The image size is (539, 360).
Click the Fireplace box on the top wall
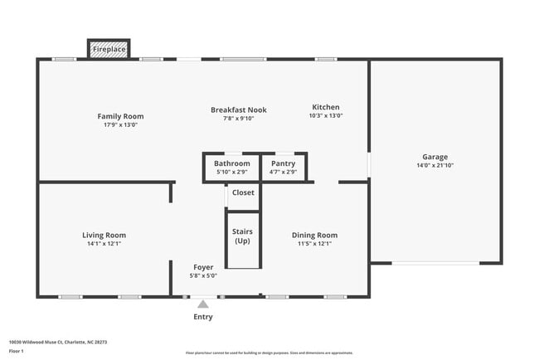pyautogui.click(x=109, y=50)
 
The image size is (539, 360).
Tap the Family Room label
pyautogui.click(x=121, y=116)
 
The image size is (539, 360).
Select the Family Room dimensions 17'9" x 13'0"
pyautogui.click(x=121, y=125)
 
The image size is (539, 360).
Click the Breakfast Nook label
pyautogui.click(x=239, y=109)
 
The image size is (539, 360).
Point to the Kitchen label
pyautogui.click(x=326, y=107)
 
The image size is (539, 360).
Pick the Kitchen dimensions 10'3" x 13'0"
pyautogui.click(x=326, y=116)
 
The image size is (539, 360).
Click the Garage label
pyautogui.click(x=435, y=157)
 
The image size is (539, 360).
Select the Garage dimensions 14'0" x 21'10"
pyautogui.click(x=435, y=166)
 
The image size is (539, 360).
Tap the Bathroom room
pyautogui.click(x=231, y=168)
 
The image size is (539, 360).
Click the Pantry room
pyautogui.click(x=284, y=168)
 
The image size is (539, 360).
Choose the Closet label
pyautogui.click(x=243, y=192)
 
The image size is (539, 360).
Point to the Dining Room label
pyautogui.click(x=316, y=235)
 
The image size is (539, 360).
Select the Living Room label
pyautogui.click(x=104, y=235)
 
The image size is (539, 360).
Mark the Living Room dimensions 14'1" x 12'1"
pyautogui.click(x=104, y=244)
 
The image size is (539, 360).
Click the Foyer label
pyautogui.click(x=203, y=267)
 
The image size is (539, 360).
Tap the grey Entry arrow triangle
pyautogui.click(x=203, y=304)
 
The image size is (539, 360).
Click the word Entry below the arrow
pyautogui.click(x=203, y=317)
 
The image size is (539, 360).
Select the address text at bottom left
pyautogui.click(x=58, y=342)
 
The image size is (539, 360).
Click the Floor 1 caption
pyautogui.click(x=17, y=351)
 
